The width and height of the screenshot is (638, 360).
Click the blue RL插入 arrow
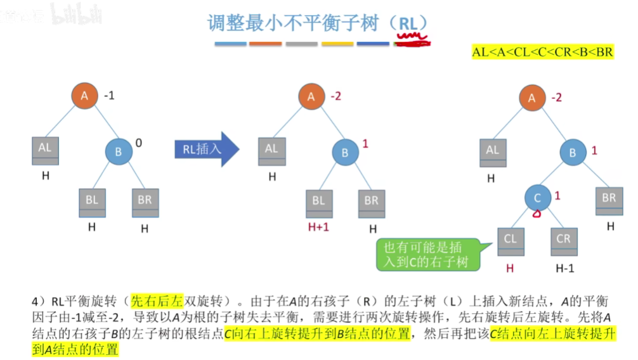click(x=206, y=149)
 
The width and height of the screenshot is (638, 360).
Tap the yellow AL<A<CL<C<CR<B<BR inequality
click(x=543, y=52)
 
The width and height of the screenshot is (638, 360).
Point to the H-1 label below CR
click(x=564, y=268)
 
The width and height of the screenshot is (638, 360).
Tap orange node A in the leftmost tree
click(x=84, y=96)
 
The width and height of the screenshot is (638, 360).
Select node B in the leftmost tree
click(x=119, y=152)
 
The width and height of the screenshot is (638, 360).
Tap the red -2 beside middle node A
click(x=335, y=97)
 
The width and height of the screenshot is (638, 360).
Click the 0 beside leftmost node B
click(x=139, y=144)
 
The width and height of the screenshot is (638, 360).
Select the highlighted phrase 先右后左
click(x=153, y=301)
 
